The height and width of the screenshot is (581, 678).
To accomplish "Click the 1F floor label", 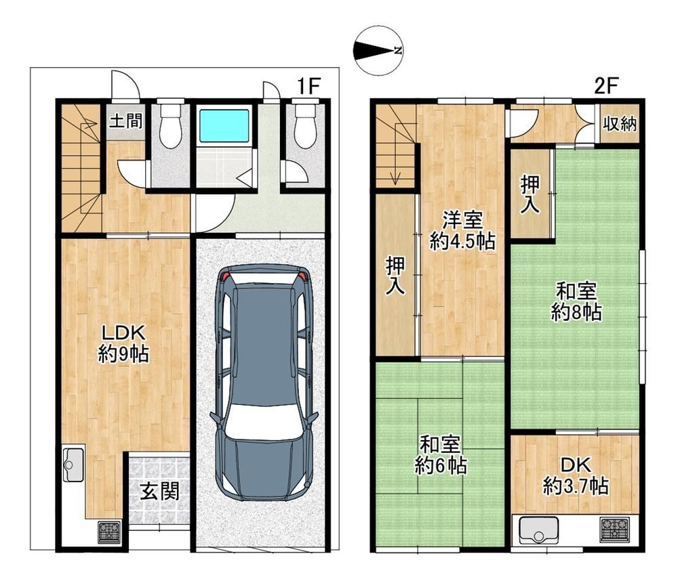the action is click(308, 87).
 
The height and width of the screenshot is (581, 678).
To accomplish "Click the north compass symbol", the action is click(378, 51).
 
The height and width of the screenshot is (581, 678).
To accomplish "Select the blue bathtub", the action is click(224, 126).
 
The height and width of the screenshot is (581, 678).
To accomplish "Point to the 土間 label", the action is click(125, 121).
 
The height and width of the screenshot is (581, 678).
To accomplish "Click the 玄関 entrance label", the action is click(159, 491).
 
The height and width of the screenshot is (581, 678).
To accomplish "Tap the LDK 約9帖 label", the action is click(123, 344).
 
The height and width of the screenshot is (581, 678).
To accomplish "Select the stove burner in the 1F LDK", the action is click(109, 532).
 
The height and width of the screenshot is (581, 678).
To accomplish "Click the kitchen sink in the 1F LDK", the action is click(73, 465).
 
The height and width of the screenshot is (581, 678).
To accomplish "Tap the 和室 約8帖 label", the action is click(576, 301).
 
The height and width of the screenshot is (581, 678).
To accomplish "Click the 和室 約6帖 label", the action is click(440, 455).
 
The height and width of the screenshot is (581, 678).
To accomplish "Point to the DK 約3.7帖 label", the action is click(576, 476).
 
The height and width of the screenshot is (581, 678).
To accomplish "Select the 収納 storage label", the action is click(620, 124).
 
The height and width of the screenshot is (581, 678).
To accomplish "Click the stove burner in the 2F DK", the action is click(614, 530).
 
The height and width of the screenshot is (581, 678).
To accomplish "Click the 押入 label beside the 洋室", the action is click(395, 276).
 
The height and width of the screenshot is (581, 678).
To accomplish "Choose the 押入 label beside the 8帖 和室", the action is click(530, 194).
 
